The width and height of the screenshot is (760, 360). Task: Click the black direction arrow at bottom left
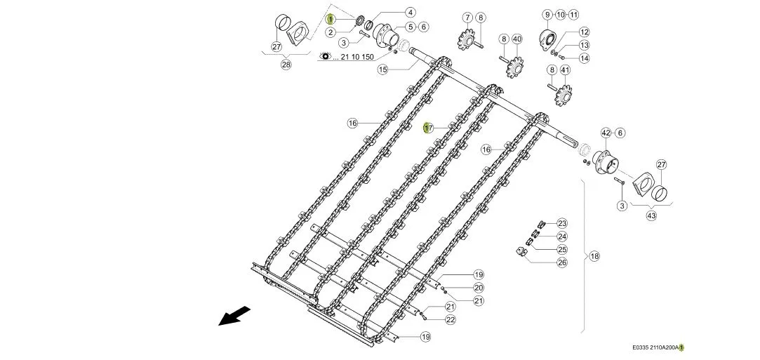coord(234,316)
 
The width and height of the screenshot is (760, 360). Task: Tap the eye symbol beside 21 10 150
coord(325,57)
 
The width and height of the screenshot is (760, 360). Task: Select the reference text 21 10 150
coord(357,57)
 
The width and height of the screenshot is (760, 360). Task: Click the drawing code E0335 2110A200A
coord(655,347)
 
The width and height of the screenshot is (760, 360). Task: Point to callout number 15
coord(383,69)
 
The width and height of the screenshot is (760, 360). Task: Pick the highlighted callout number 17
coord(428,128)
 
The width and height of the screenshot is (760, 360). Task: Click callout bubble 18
coord(594,256)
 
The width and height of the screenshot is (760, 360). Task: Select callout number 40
coord(516,39)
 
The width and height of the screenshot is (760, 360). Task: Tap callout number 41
coord(565,69)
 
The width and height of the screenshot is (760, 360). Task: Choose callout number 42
coord(606,133)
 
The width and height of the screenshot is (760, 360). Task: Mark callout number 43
coord(651,215)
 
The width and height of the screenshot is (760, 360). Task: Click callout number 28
coord(286,65)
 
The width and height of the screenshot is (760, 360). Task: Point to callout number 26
coord(562,262)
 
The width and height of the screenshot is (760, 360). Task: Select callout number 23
coord(562,223)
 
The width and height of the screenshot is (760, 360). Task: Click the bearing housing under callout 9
coord(546,39)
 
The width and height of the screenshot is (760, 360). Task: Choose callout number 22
coord(451,319)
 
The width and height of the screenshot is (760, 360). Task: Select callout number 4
coord(410,12)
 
